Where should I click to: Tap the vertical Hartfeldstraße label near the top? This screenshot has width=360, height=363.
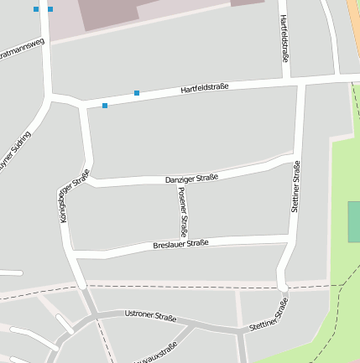tap(284, 39)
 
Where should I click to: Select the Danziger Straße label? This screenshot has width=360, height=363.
tap(191, 178)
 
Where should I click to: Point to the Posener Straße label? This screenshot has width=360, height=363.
tap(183, 210)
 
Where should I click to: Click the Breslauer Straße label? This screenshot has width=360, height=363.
tap(180, 244)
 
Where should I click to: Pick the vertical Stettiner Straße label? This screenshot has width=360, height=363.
tap(295, 186)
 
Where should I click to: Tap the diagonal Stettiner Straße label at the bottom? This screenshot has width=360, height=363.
tap(269, 314)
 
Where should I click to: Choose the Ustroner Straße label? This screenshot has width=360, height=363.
tap(150, 317)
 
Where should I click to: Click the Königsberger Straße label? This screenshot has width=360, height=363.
tap(75, 195)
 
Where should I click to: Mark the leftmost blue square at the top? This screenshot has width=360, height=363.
tap(36, 9)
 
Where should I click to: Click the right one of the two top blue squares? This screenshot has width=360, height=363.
tap(50, 9)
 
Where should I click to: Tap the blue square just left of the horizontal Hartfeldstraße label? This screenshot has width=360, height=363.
tap(137, 92)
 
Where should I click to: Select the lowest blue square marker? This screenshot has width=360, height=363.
tap(105, 106)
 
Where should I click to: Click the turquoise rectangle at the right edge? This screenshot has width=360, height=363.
tap(354, 221)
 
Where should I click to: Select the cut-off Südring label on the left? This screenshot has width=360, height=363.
tap(15, 151)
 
